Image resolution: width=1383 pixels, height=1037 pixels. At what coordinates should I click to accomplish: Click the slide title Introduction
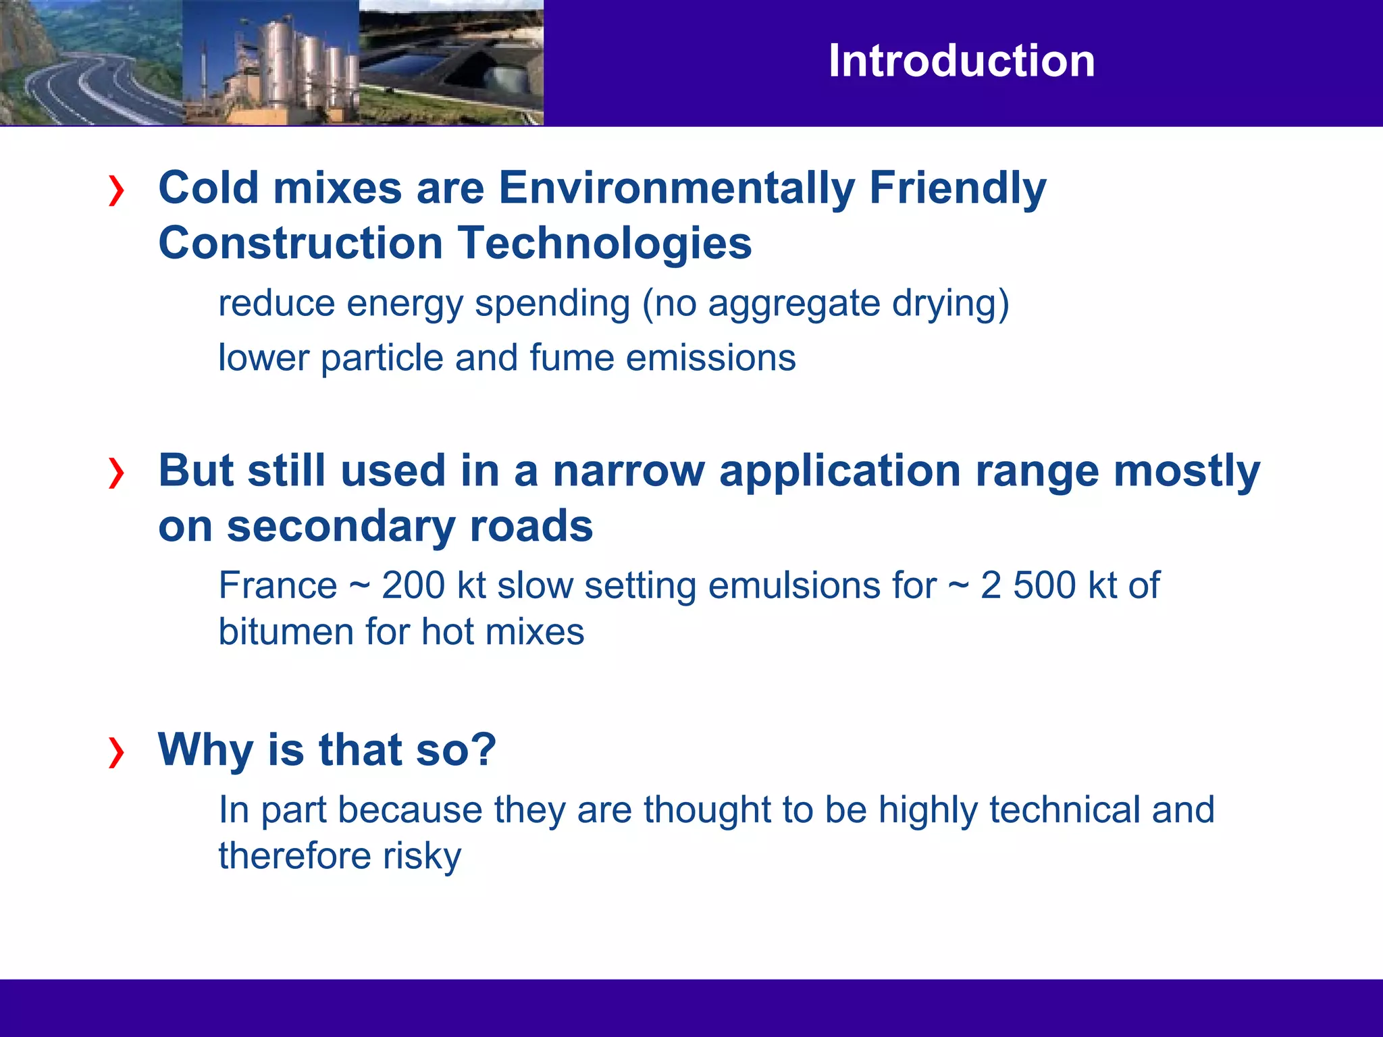[x=962, y=61]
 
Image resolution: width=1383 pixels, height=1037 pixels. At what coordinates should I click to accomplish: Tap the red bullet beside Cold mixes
[x=116, y=190]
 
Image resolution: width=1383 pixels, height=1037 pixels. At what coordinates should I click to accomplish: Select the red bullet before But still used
[x=116, y=473]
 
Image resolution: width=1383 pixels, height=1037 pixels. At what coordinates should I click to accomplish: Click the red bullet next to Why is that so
[x=116, y=752]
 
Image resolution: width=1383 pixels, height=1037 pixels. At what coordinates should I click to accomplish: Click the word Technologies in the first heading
[x=604, y=243]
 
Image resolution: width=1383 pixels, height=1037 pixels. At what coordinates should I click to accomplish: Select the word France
[x=278, y=585]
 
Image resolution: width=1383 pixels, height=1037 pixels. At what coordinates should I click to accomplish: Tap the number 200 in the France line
[x=413, y=585]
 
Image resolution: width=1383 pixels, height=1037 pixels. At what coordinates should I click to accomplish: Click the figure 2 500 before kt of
[x=1028, y=585]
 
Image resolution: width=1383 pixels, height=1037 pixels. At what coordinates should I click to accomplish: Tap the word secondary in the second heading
[x=340, y=527]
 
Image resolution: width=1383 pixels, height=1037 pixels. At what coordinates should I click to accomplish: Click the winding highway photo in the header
[x=91, y=62]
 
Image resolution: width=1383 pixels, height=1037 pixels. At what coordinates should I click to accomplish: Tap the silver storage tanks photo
[x=270, y=62]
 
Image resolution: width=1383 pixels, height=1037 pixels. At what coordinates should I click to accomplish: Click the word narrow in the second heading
[x=629, y=471]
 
